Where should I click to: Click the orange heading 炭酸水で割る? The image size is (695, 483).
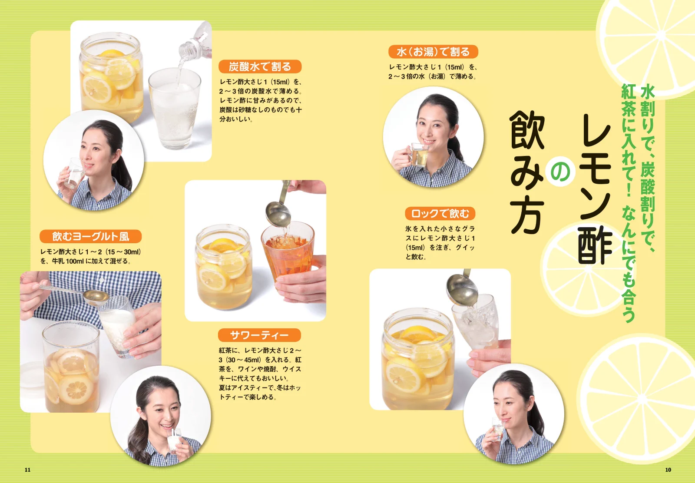[x=260, y=66]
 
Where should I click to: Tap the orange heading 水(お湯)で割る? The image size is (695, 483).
[x=433, y=52]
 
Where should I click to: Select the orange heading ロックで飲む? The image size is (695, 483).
[x=440, y=213]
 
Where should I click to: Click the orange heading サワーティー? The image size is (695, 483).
[x=259, y=335]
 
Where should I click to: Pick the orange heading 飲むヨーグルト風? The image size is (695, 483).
[x=90, y=236]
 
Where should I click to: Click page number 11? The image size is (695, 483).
[x=27, y=470]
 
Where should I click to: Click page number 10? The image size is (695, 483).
[x=668, y=470]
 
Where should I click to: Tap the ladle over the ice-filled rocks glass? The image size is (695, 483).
[x=462, y=289]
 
